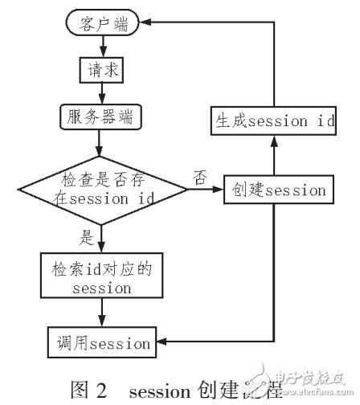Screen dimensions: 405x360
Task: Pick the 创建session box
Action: (x=276, y=190)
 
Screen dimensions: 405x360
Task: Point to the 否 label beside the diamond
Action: (x=199, y=175)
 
